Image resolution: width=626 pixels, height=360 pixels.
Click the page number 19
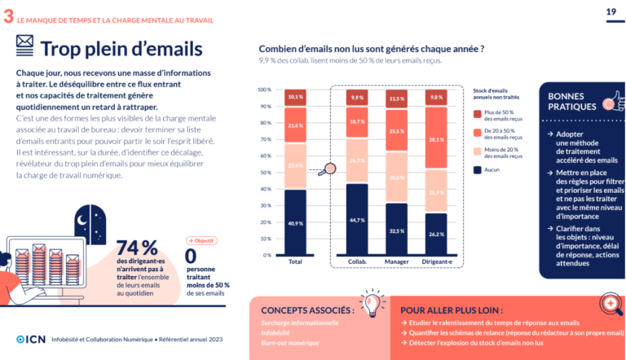pyautogui.click(x=611, y=11)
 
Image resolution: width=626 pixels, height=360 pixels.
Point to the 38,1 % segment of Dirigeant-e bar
pyautogui.click(x=436, y=139)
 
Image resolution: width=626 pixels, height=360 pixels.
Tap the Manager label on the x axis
pyautogui.click(x=397, y=262)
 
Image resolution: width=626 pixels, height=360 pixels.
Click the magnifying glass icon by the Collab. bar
pyautogui.click(x=328, y=170)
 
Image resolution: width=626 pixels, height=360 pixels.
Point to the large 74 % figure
pyautogui.click(x=138, y=247)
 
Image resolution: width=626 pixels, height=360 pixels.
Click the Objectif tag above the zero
pyautogui.click(x=201, y=240)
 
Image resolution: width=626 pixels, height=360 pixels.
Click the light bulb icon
pyautogui.click(x=372, y=302)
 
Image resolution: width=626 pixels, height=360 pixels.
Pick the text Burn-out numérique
pyautogui.click(x=289, y=343)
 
